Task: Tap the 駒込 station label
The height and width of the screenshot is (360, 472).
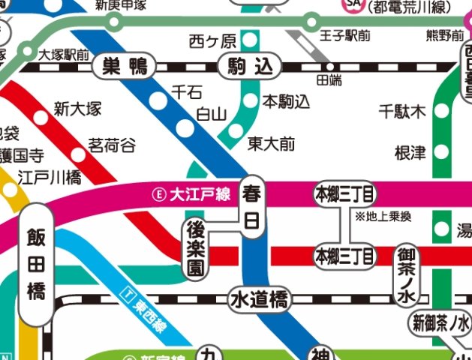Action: point(246,67)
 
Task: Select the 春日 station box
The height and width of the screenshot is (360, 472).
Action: point(251,208)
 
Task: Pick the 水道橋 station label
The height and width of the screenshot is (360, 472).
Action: point(259,301)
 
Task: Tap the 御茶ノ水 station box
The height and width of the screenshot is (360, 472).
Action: point(406,275)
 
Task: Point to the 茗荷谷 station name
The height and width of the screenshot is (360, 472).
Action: point(112,144)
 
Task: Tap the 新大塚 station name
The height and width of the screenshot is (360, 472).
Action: point(77,109)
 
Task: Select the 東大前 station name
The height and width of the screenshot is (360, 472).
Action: point(272,142)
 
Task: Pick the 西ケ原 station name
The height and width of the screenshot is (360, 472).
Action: point(212,40)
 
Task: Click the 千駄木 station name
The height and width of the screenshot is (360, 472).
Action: point(401,112)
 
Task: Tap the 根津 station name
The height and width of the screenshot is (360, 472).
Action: point(410,153)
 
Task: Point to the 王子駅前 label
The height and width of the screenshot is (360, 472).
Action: point(344,35)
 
